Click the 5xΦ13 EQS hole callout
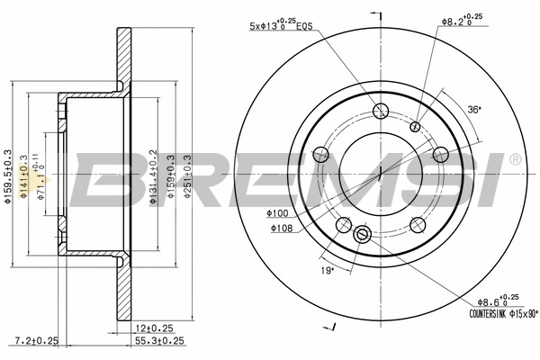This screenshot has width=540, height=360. click(280, 26)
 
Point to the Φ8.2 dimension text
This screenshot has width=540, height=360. click(462, 21)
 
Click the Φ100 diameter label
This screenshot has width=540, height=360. click(278, 213)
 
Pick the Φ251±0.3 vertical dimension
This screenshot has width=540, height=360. click(187, 180)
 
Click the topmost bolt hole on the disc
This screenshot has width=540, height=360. click(380, 112)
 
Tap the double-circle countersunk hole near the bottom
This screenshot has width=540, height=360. click(363, 234)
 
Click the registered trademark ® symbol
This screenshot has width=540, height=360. click(515, 159)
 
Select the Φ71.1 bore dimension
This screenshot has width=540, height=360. click(39, 180)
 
